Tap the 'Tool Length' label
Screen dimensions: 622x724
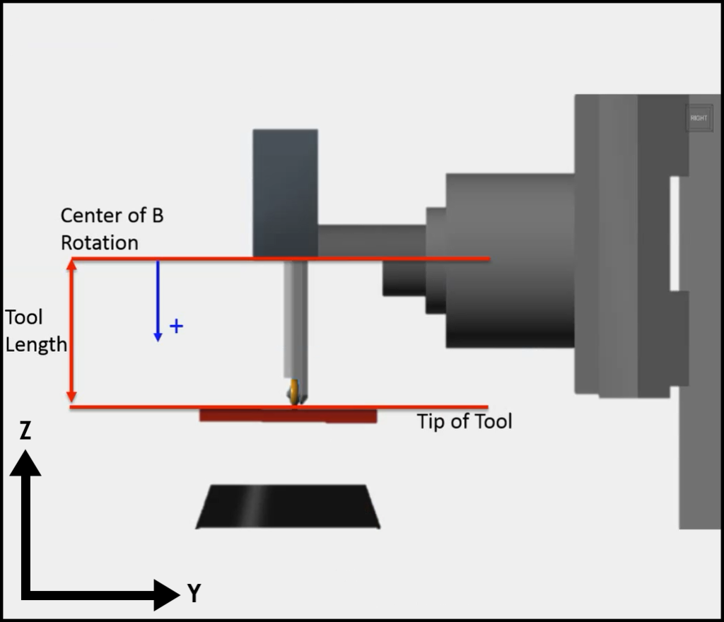pos(35,330)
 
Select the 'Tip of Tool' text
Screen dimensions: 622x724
pos(464,422)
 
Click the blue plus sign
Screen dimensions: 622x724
pos(177,326)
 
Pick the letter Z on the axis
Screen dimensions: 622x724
pos(25,430)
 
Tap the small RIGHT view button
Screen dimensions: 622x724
pos(699,118)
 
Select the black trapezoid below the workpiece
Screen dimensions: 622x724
pos(288,507)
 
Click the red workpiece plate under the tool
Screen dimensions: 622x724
pos(288,416)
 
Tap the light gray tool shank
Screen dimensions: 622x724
pos(296,318)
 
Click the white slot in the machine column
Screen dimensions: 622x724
pos(675,233)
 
